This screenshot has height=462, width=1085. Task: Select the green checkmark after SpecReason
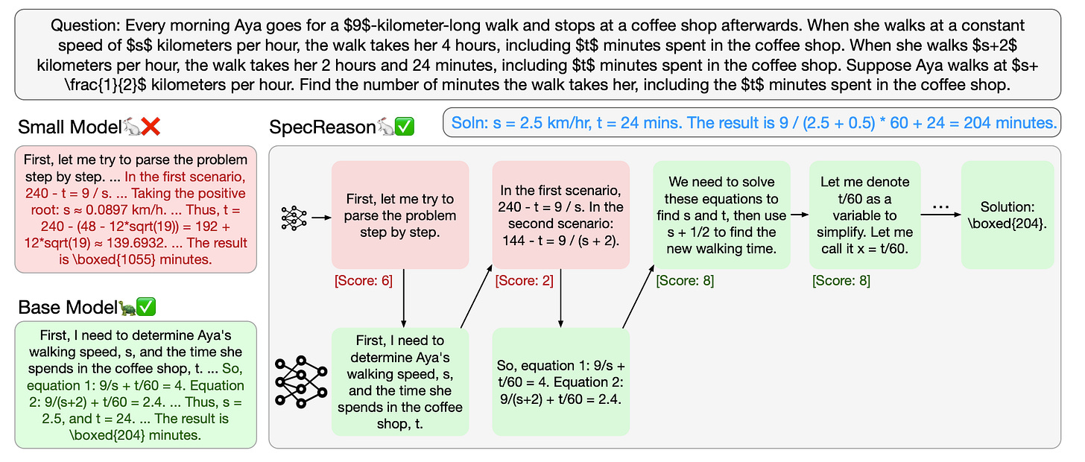[404, 127]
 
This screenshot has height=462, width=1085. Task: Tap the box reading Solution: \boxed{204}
[1007, 215]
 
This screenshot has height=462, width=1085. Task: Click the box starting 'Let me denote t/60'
[865, 215]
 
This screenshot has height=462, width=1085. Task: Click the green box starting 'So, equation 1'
[560, 382]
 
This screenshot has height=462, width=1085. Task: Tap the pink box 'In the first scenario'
[560, 215]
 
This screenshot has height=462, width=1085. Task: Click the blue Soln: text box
[752, 123]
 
